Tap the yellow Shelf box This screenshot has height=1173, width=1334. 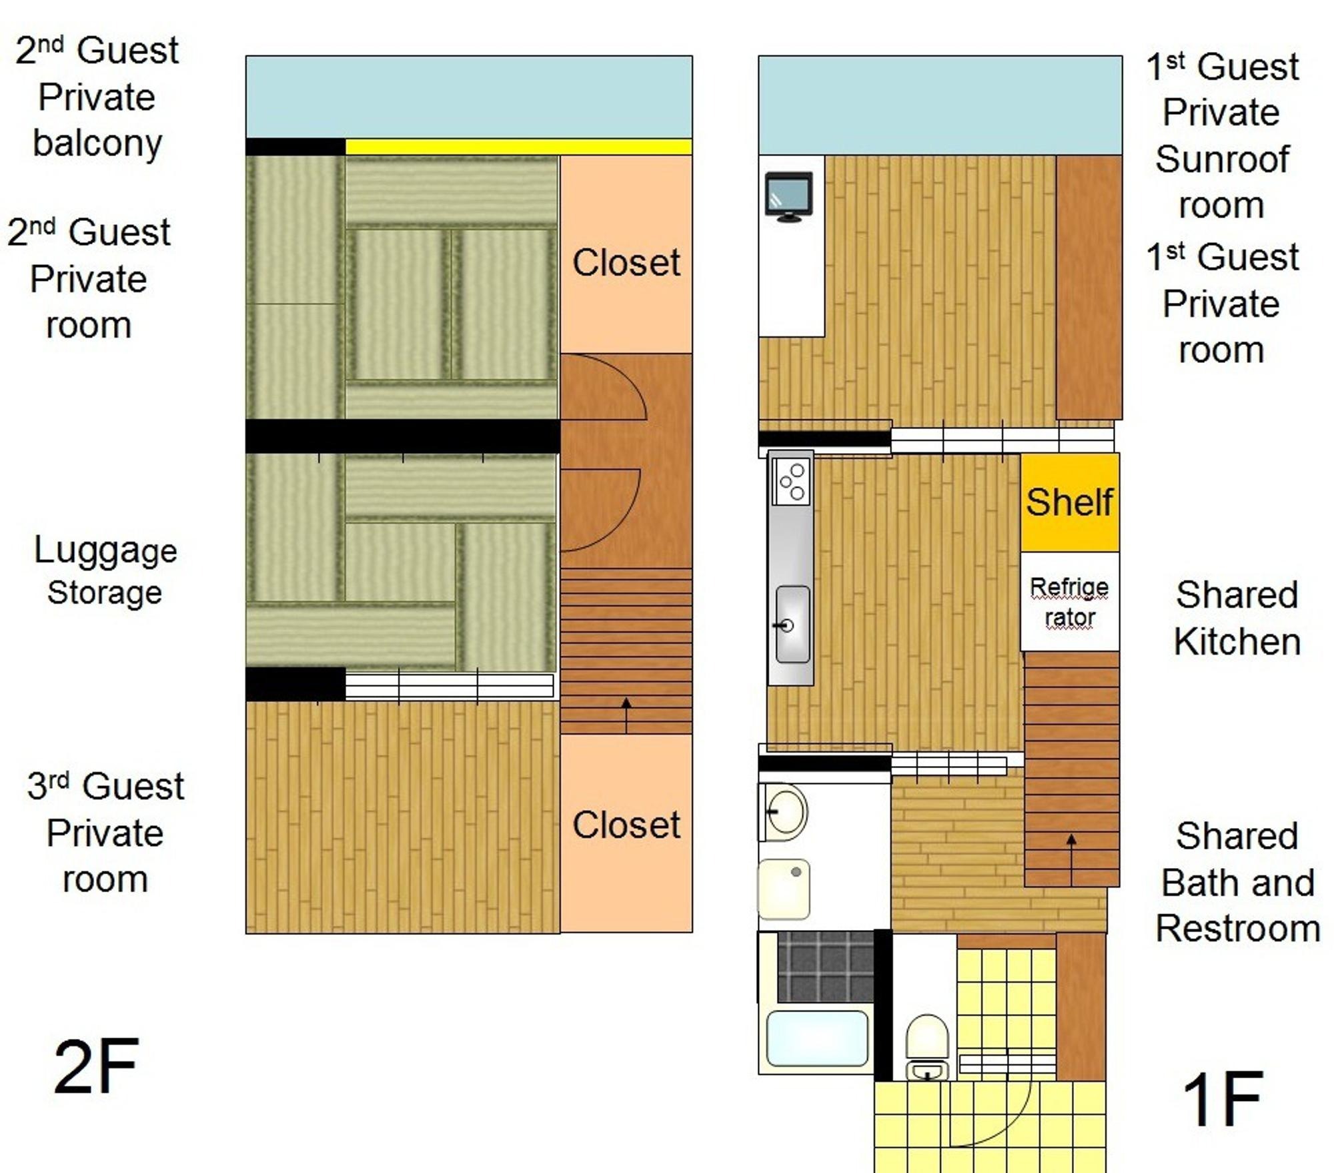tap(1069, 502)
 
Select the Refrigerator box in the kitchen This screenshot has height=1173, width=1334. tap(1069, 601)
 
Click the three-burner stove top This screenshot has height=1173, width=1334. tap(791, 481)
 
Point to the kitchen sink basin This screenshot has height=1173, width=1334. tap(792, 625)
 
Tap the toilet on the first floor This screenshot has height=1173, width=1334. tap(926, 1047)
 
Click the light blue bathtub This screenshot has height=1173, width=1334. tap(817, 1038)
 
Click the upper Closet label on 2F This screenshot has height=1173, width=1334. tap(626, 262)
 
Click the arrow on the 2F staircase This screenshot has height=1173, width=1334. tap(626, 715)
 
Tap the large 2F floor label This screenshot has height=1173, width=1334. tap(96, 1066)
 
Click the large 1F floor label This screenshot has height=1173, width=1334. tap(1222, 1099)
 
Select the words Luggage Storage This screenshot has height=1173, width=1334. tap(105, 571)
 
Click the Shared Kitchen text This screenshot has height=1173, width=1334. tap(1237, 618)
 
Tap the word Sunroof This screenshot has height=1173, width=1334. tap(1222, 159)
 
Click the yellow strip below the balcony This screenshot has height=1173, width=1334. tap(519, 147)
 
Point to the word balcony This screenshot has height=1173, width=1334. tap(97, 144)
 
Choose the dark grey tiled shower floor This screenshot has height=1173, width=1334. tap(826, 967)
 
